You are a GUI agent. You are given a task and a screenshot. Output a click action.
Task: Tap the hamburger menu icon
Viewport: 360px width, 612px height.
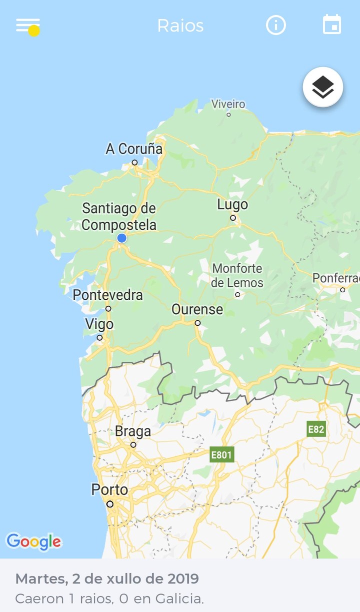point(27,25)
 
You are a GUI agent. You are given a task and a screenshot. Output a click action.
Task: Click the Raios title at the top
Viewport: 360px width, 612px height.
point(180,26)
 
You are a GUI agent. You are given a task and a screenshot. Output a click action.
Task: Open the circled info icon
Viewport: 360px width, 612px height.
point(276,25)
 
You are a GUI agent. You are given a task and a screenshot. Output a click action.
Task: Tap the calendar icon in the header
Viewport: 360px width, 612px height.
point(332,25)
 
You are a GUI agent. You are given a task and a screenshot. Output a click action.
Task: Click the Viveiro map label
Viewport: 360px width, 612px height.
point(228,104)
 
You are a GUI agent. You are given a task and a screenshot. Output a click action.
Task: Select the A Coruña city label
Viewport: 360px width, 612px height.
point(134,149)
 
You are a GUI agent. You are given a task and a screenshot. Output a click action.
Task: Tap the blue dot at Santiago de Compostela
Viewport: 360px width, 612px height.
point(121,238)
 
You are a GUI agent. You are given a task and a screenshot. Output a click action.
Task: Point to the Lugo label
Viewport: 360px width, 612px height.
point(232,204)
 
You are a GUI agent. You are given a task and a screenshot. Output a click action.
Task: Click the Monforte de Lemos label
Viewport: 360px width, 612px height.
point(237,275)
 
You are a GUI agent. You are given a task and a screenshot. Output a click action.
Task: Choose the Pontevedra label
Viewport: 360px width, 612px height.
point(108,295)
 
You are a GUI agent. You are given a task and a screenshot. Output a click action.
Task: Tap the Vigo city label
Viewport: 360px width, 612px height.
point(99,324)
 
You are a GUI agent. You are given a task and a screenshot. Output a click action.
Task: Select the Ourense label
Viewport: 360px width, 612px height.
point(197,309)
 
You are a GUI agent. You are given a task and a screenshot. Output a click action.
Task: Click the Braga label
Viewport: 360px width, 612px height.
point(132,431)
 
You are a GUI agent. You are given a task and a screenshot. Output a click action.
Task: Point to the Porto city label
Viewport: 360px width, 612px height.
point(109,489)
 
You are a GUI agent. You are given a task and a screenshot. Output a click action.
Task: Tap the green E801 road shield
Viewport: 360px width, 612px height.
point(221,454)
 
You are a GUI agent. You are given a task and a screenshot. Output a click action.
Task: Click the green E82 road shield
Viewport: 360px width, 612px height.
point(316,429)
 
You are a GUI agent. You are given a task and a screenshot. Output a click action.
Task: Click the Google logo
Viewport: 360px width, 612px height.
point(33,541)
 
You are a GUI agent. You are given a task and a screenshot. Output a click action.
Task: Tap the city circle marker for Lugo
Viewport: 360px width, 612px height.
point(233,218)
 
